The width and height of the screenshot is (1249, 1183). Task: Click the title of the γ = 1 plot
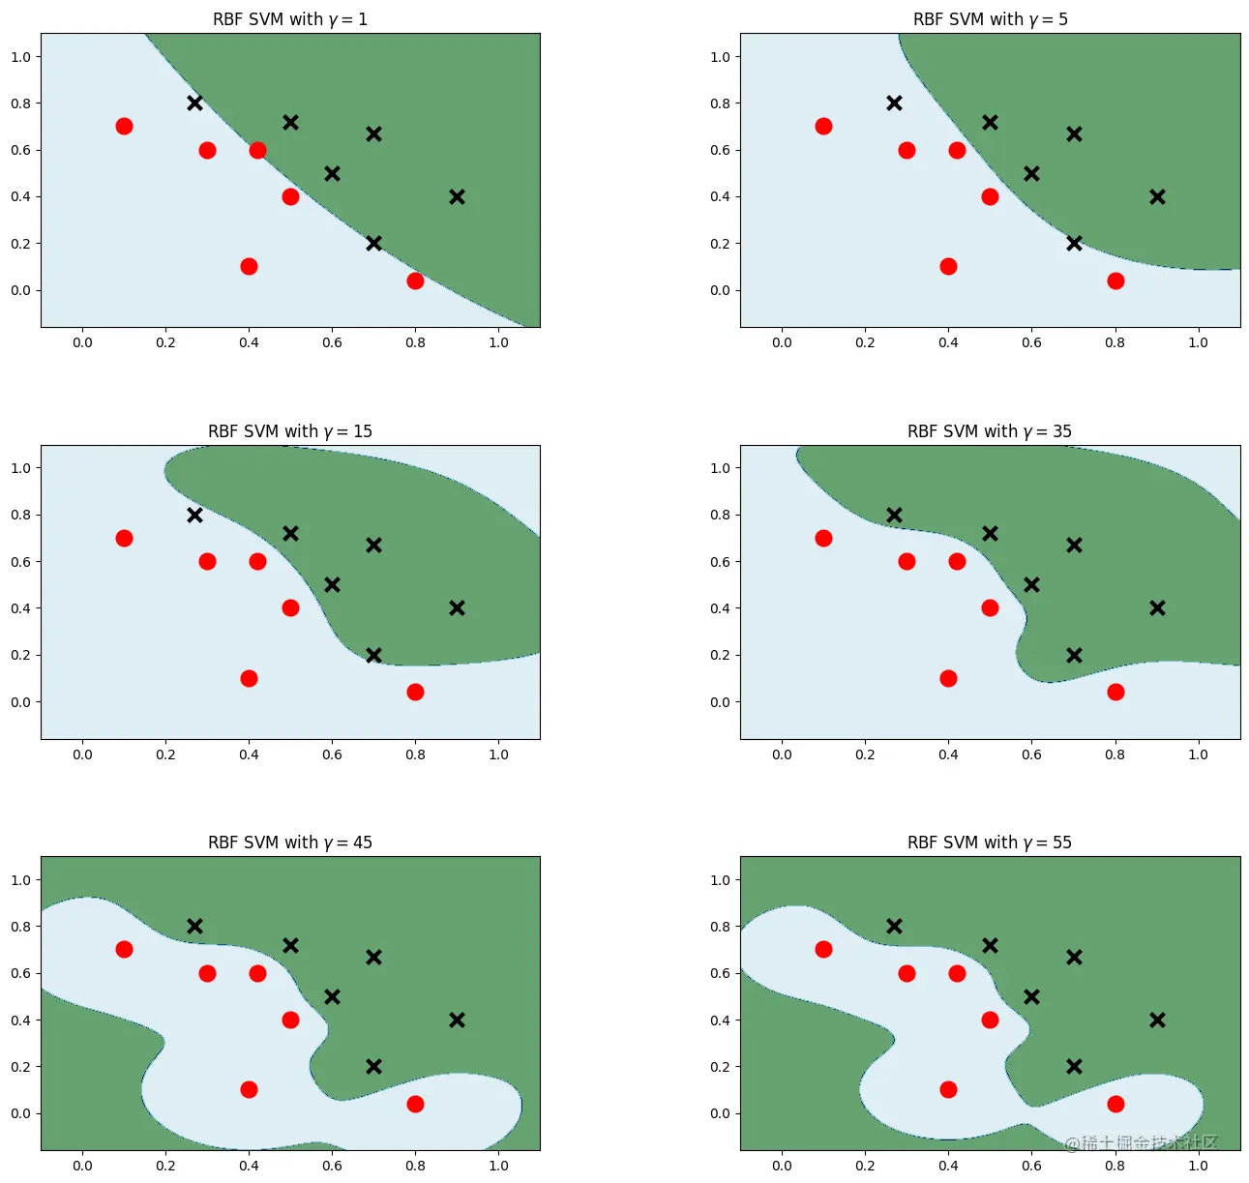click(290, 19)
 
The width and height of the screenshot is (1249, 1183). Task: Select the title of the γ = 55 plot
click(990, 843)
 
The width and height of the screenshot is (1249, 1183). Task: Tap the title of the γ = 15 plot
click(290, 431)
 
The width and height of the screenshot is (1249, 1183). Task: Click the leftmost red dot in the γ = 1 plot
click(124, 126)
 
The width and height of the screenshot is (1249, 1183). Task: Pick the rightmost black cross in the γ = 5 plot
click(1157, 196)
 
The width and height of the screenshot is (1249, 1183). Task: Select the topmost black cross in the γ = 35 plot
click(894, 515)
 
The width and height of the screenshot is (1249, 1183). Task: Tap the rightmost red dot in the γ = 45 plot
click(415, 1104)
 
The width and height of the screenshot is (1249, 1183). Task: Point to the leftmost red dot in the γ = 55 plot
click(823, 949)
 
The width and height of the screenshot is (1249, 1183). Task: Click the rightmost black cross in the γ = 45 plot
click(457, 1020)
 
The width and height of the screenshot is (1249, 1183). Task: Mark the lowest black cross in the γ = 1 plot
click(373, 243)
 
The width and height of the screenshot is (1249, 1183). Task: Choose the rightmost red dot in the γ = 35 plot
click(1115, 692)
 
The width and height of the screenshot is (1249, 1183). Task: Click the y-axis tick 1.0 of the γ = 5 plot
click(720, 57)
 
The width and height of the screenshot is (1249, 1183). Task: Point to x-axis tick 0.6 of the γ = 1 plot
click(332, 342)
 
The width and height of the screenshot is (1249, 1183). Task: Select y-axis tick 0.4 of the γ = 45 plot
click(20, 1020)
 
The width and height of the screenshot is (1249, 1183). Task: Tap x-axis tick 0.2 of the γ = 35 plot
click(865, 754)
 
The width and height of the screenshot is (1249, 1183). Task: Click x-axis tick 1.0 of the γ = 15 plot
click(498, 754)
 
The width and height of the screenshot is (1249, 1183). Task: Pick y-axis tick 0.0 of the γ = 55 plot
click(720, 1113)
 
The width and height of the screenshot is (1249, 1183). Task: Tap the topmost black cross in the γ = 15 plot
click(194, 515)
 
